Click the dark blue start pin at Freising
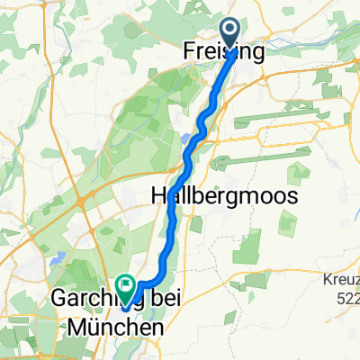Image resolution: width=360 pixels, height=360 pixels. tap(230, 34)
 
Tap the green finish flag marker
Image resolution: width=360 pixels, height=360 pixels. tap(124, 285)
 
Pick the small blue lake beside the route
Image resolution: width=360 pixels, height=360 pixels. tap(184, 139)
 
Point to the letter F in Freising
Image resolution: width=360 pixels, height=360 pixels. tap(190, 52)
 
